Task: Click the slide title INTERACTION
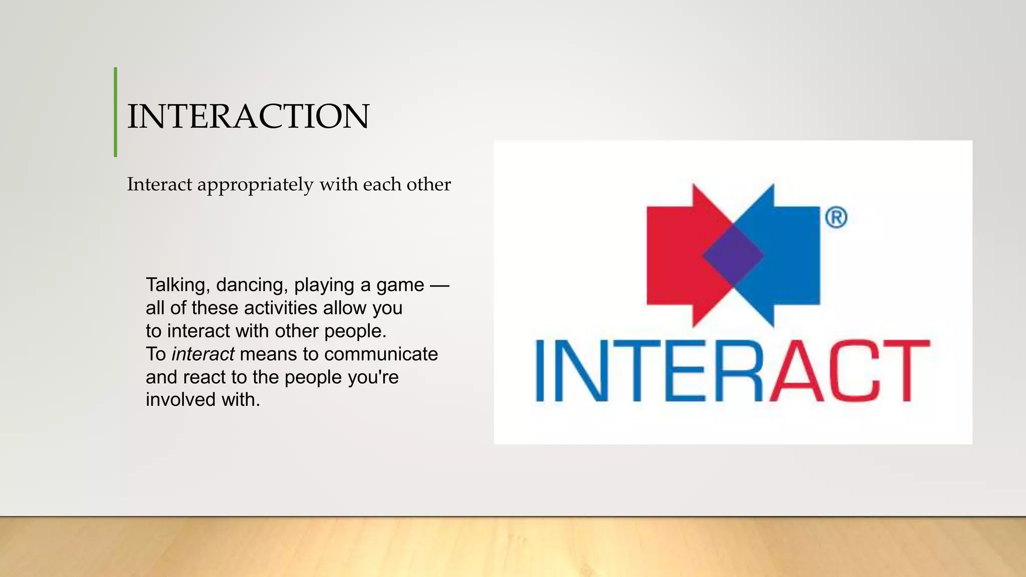tap(248, 116)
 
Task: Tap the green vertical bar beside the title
tap(116, 112)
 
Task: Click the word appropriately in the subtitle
tap(255, 185)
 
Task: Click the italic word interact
tap(203, 354)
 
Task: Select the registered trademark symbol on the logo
tap(836, 217)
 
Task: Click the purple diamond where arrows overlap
tap(733, 255)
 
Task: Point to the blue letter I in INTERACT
tap(540, 371)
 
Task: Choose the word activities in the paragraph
tap(281, 308)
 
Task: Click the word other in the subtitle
tap(429, 185)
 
